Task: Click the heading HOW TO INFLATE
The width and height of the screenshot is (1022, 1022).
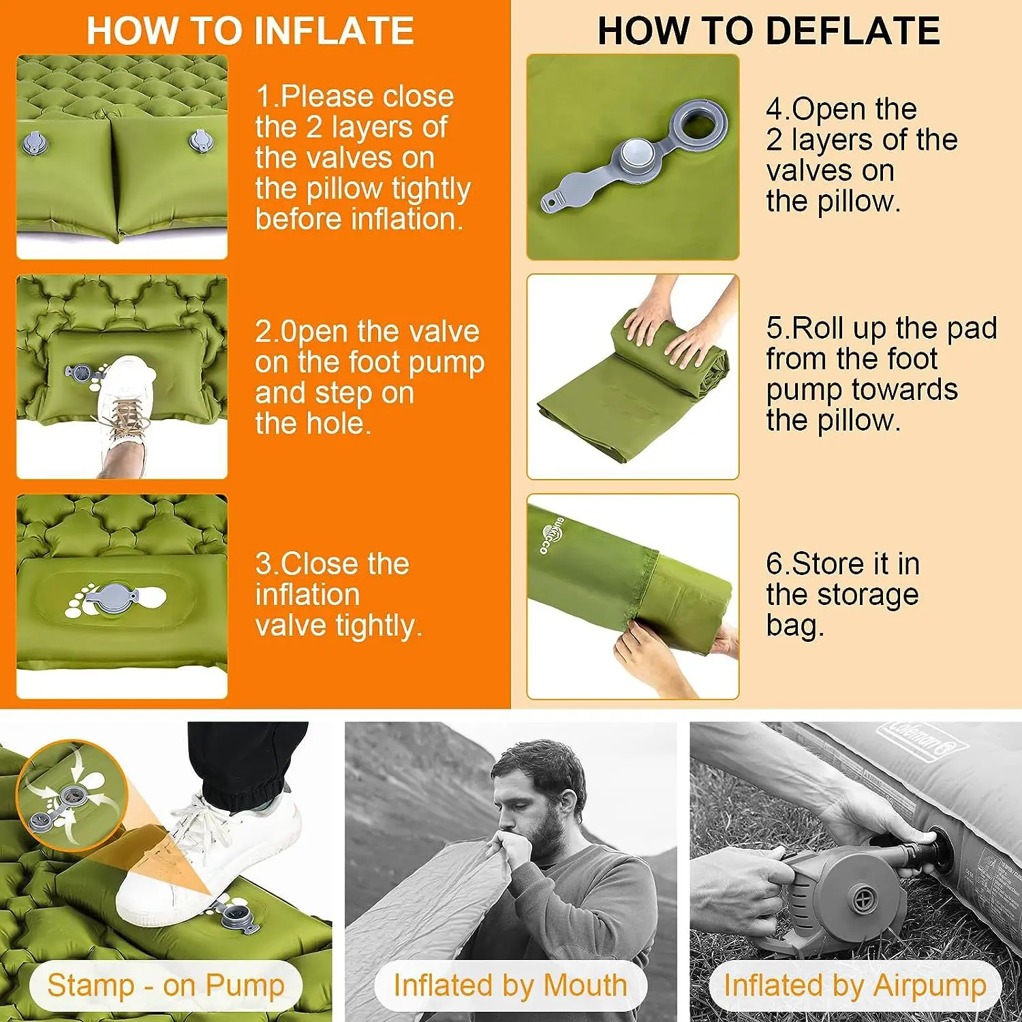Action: pos(250,31)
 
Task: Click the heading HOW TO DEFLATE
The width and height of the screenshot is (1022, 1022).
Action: pos(769,31)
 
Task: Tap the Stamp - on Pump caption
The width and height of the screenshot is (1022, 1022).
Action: pos(166,985)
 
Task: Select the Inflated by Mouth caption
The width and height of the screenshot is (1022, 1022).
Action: pos(510,985)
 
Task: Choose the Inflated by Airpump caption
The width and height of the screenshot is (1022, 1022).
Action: pos(855,985)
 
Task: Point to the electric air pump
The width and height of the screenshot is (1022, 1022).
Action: pos(852,886)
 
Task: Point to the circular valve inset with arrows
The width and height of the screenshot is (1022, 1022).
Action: pos(72,796)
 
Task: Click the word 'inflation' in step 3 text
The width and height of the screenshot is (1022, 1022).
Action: pos(307,595)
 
